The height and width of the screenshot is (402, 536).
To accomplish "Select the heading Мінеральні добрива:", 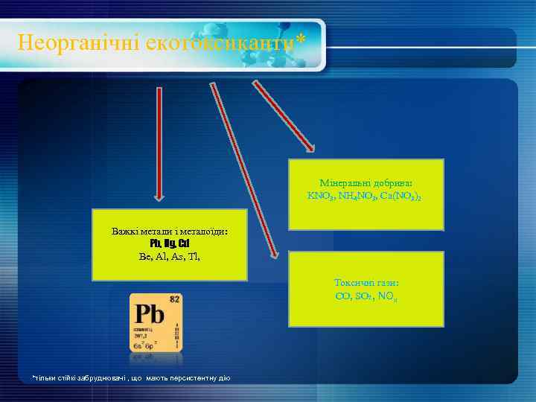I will pos(366,182).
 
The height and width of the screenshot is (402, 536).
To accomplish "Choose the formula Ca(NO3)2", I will pos(402,196).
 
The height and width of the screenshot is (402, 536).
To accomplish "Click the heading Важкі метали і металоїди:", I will pos(170,232).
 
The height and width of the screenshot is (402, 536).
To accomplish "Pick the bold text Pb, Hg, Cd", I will pos(170,243).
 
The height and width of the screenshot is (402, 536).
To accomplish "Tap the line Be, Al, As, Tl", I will pos(170,256).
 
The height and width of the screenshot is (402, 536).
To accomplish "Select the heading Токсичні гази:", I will pos(366,283).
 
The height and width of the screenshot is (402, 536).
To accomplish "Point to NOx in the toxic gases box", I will pos(386,296).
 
